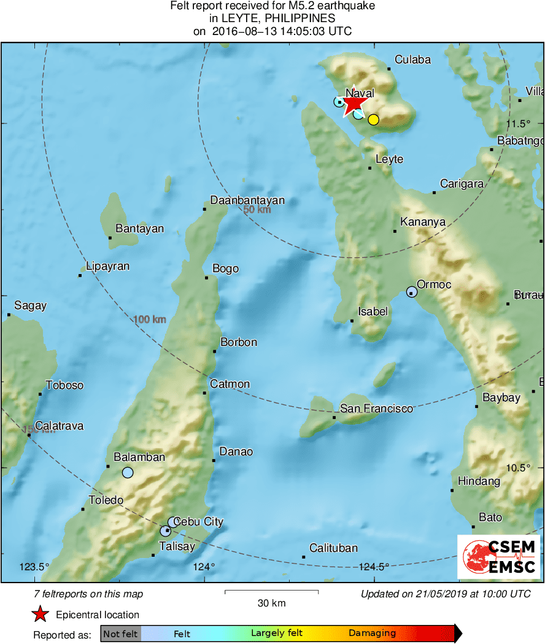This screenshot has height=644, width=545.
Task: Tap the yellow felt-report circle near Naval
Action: point(373,120)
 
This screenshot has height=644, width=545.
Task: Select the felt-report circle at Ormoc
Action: point(411,292)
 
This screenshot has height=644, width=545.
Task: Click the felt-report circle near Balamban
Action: point(128,473)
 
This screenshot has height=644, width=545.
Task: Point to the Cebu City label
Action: point(198,522)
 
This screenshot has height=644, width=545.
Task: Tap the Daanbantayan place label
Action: point(247,200)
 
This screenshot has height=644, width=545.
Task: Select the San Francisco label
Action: point(376,408)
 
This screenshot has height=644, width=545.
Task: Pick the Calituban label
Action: point(333,548)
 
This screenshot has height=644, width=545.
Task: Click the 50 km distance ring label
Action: point(257,210)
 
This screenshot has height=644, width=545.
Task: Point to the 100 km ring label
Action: point(150,320)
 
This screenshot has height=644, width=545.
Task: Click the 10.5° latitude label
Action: point(519,468)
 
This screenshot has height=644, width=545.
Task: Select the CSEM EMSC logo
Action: point(498,556)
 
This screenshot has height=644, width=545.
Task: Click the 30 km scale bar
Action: point(271,592)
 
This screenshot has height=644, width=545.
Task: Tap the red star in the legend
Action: point(41,615)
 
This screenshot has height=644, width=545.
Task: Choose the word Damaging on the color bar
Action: point(372,634)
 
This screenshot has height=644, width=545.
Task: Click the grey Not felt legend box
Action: point(120,634)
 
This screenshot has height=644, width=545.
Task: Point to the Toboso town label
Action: point(64,385)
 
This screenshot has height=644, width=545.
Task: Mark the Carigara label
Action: point(462,184)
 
